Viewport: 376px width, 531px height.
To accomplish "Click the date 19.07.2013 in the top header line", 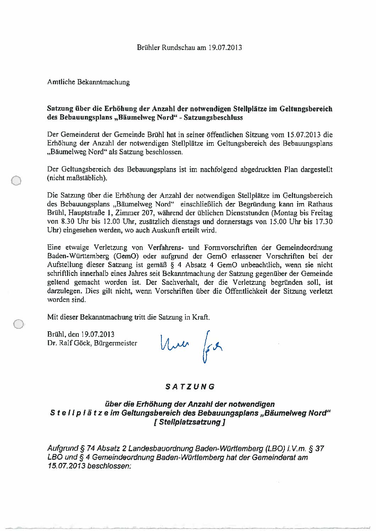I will (x=225, y=47).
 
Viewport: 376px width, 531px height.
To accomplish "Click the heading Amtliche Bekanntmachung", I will (x=88, y=82).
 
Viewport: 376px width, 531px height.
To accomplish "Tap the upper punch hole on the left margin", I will (x=16, y=181).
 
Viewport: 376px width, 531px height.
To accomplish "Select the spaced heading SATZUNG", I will (x=190, y=387).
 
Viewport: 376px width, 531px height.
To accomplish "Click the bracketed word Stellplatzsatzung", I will (x=190, y=422).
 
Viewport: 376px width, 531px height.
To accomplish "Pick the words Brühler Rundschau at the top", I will (x=166, y=47).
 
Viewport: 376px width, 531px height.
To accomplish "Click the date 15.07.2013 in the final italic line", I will (x=66, y=466).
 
